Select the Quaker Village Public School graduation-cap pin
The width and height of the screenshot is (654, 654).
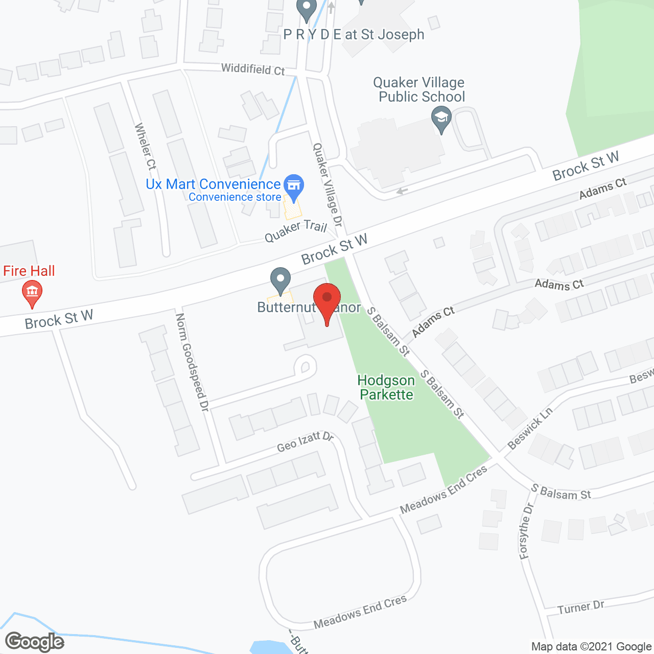pos(441,119)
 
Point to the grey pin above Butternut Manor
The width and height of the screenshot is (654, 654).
pos(280,281)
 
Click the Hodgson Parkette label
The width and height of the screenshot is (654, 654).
pos(386,387)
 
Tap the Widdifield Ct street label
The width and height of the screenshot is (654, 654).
pos(253,69)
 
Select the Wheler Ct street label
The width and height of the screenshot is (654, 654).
pos(145,147)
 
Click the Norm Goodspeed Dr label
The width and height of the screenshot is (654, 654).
pos(192,362)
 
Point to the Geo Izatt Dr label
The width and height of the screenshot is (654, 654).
pos(305,442)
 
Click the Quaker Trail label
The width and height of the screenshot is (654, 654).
pos(296,231)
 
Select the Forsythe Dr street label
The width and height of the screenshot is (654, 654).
pos(526,531)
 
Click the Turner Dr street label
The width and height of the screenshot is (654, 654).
pos(581,608)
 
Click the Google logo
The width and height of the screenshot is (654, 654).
pos(35,642)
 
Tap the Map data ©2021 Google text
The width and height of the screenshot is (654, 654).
pos(591,647)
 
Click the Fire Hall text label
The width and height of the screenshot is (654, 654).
pos(29,271)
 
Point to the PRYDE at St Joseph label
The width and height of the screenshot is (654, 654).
pos(354,35)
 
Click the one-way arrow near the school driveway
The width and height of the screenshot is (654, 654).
pos(402,192)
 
